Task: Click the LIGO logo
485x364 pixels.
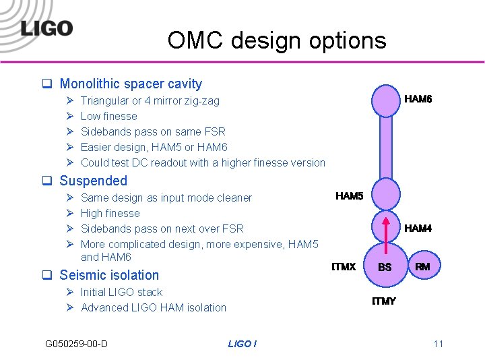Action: point(46,28)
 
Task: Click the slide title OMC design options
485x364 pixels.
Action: point(277,40)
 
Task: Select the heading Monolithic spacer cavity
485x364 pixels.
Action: point(131,84)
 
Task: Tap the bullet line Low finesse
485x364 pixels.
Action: point(108,116)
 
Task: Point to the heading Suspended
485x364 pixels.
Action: point(93,181)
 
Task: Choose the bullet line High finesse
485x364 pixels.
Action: point(110,213)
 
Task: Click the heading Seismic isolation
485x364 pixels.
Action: point(109,275)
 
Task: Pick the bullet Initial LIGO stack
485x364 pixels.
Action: point(121,292)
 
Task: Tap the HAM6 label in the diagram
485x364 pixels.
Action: point(418,99)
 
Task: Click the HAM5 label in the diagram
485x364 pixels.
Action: point(349,196)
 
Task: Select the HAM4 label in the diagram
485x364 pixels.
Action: point(418,229)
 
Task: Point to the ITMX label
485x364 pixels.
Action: point(344,267)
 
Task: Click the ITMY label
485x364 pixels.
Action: point(384,301)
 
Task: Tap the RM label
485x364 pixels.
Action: point(422,267)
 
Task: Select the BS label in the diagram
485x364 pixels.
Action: point(385,268)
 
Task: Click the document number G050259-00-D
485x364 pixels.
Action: point(76,344)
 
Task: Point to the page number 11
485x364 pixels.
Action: point(438,344)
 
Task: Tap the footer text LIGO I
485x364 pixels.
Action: point(242,344)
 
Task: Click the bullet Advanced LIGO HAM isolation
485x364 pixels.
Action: point(153,307)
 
